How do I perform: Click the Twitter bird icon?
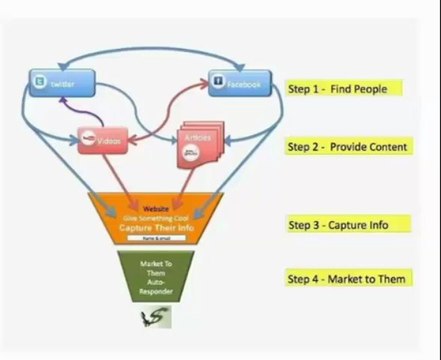[x=41, y=82]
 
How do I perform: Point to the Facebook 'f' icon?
[x=218, y=84]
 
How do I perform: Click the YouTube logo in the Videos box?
[x=92, y=141]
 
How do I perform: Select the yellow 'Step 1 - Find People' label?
[x=337, y=89]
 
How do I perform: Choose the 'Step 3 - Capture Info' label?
[x=337, y=224]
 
